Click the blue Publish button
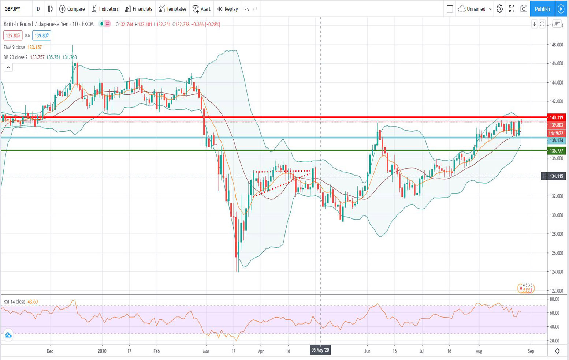coord(542,9)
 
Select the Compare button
coord(72,9)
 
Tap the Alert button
coord(202,9)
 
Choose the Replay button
coord(227,9)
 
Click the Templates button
coord(173,9)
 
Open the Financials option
coord(139,9)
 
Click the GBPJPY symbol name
coord(13,9)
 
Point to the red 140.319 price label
coord(556,117)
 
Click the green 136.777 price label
coord(556,151)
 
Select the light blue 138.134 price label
coord(556,140)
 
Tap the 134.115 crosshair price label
coord(556,176)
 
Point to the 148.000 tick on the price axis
coord(556,45)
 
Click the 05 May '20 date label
coord(320,350)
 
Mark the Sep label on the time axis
coord(531,351)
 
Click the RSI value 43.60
coord(33,302)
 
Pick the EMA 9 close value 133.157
coord(35,48)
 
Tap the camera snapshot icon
coord(524,9)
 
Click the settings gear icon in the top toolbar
coord(499,9)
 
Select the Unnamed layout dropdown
coord(475,9)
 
